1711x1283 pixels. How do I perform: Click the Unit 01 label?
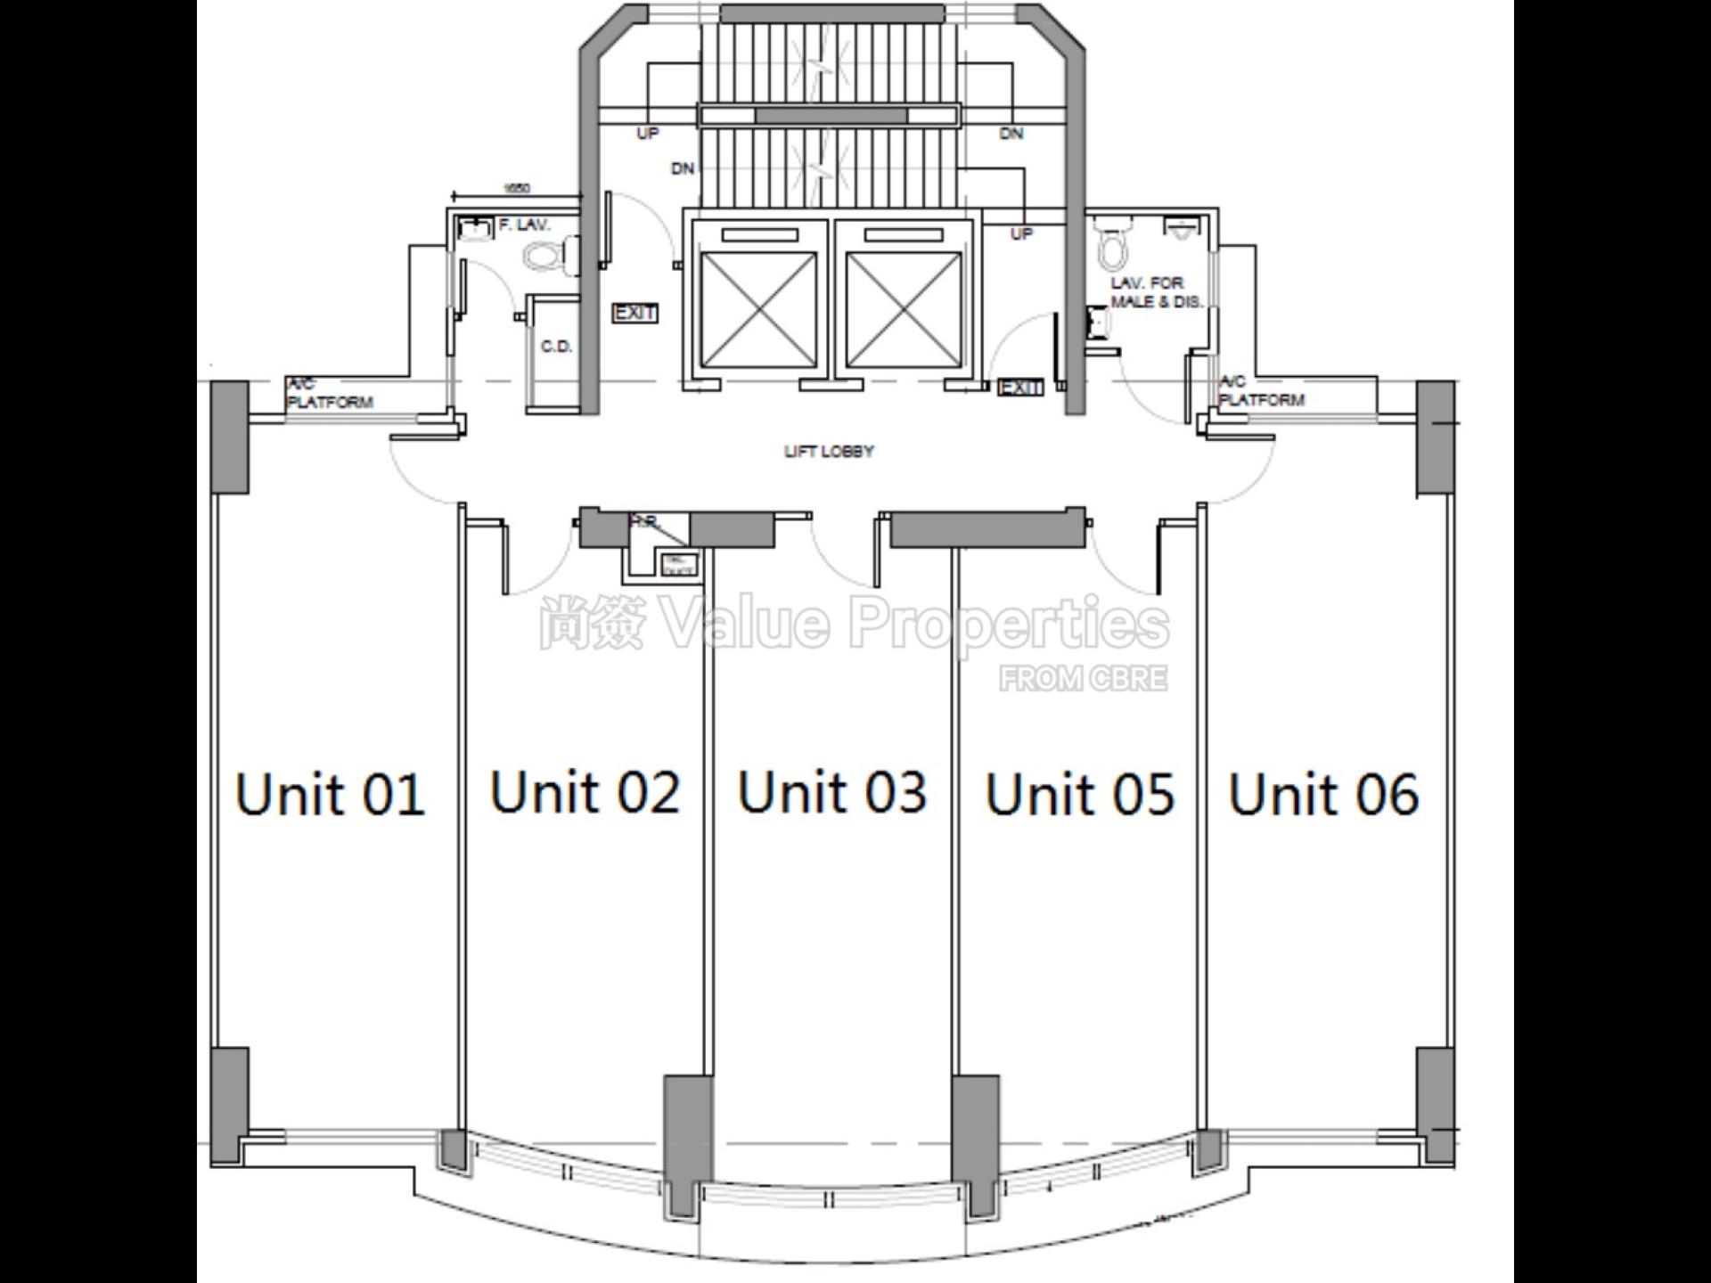click(330, 794)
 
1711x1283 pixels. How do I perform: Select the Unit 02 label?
click(585, 791)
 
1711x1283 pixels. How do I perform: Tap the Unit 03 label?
click(832, 791)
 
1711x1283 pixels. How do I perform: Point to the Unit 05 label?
click(1080, 794)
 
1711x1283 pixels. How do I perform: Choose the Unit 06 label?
click(1323, 794)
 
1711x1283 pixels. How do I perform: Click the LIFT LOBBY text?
click(829, 452)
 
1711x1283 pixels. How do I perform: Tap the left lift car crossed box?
click(758, 309)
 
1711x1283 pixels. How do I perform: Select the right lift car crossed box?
click(904, 309)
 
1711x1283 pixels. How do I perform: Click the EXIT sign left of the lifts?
click(635, 314)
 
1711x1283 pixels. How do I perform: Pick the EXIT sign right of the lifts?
click(1020, 388)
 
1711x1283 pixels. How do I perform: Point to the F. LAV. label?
click(525, 225)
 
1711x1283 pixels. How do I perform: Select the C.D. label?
click(556, 347)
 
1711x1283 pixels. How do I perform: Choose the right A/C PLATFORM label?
click(1261, 391)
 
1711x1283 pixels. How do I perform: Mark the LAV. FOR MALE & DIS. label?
click(1156, 292)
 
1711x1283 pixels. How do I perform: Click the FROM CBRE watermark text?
click(1083, 679)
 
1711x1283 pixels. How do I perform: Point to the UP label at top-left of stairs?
click(648, 134)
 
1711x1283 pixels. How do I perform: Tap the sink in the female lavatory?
click(476, 227)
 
